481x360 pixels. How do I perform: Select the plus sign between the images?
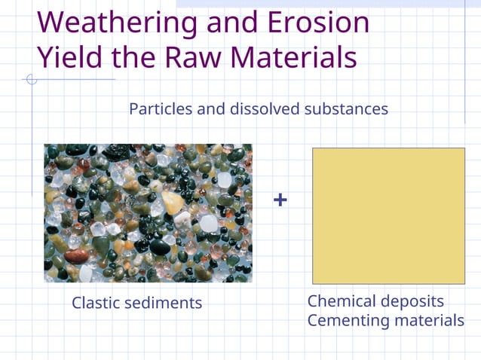pos(280,200)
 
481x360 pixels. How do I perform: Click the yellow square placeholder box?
pos(388,215)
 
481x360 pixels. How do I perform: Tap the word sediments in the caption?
pos(165,303)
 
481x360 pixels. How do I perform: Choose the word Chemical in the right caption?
pos(342,301)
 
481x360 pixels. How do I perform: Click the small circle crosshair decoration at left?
pos(32,79)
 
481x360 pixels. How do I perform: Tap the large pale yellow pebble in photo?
pos(172,203)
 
